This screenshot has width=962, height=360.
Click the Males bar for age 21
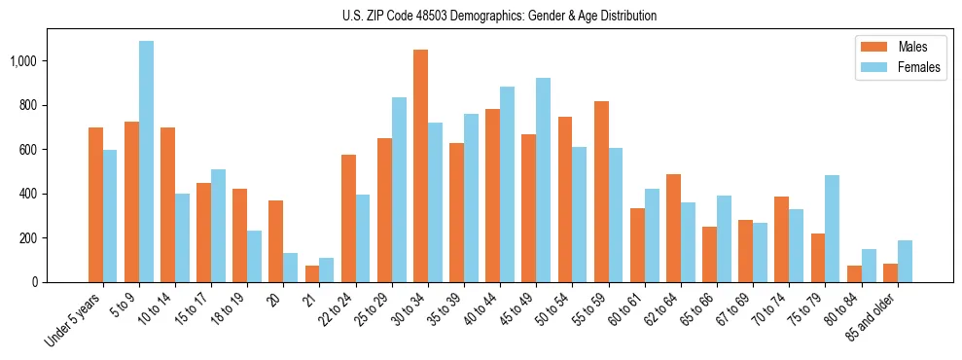tap(312, 273)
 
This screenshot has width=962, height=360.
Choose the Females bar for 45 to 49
tap(543, 180)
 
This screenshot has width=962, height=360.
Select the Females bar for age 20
tap(291, 268)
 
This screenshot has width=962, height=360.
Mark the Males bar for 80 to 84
tap(854, 273)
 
